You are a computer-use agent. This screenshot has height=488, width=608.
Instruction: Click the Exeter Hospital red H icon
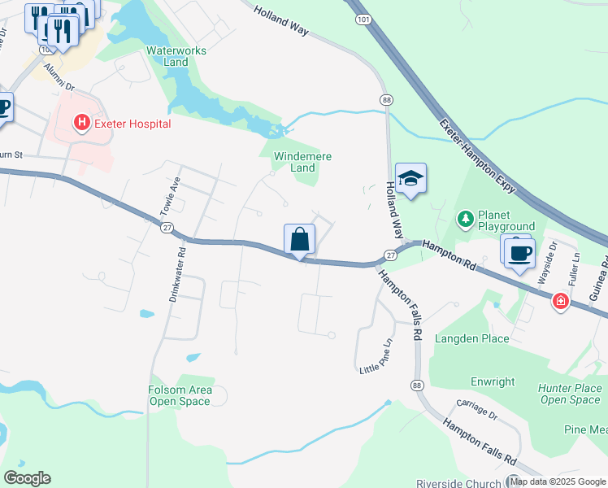tap(81, 124)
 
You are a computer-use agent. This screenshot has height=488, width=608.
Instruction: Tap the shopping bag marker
tap(299, 240)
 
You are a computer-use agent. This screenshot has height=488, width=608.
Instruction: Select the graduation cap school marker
tap(410, 179)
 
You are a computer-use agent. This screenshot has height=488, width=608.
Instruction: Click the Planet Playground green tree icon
tap(465, 218)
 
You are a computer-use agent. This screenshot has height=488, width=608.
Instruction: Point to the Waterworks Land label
tap(176, 56)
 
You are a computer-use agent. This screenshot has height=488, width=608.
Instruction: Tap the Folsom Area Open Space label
tap(180, 395)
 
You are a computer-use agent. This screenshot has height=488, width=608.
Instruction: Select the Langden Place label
tap(471, 338)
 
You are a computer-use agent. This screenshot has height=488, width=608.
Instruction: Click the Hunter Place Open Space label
tap(570, 394)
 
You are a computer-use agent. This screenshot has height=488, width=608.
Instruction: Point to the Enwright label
tap(493, 381)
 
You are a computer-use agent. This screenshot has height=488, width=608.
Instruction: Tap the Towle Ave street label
tap(170, 195)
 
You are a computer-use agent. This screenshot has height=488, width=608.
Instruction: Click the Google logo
tap(27, 478)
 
